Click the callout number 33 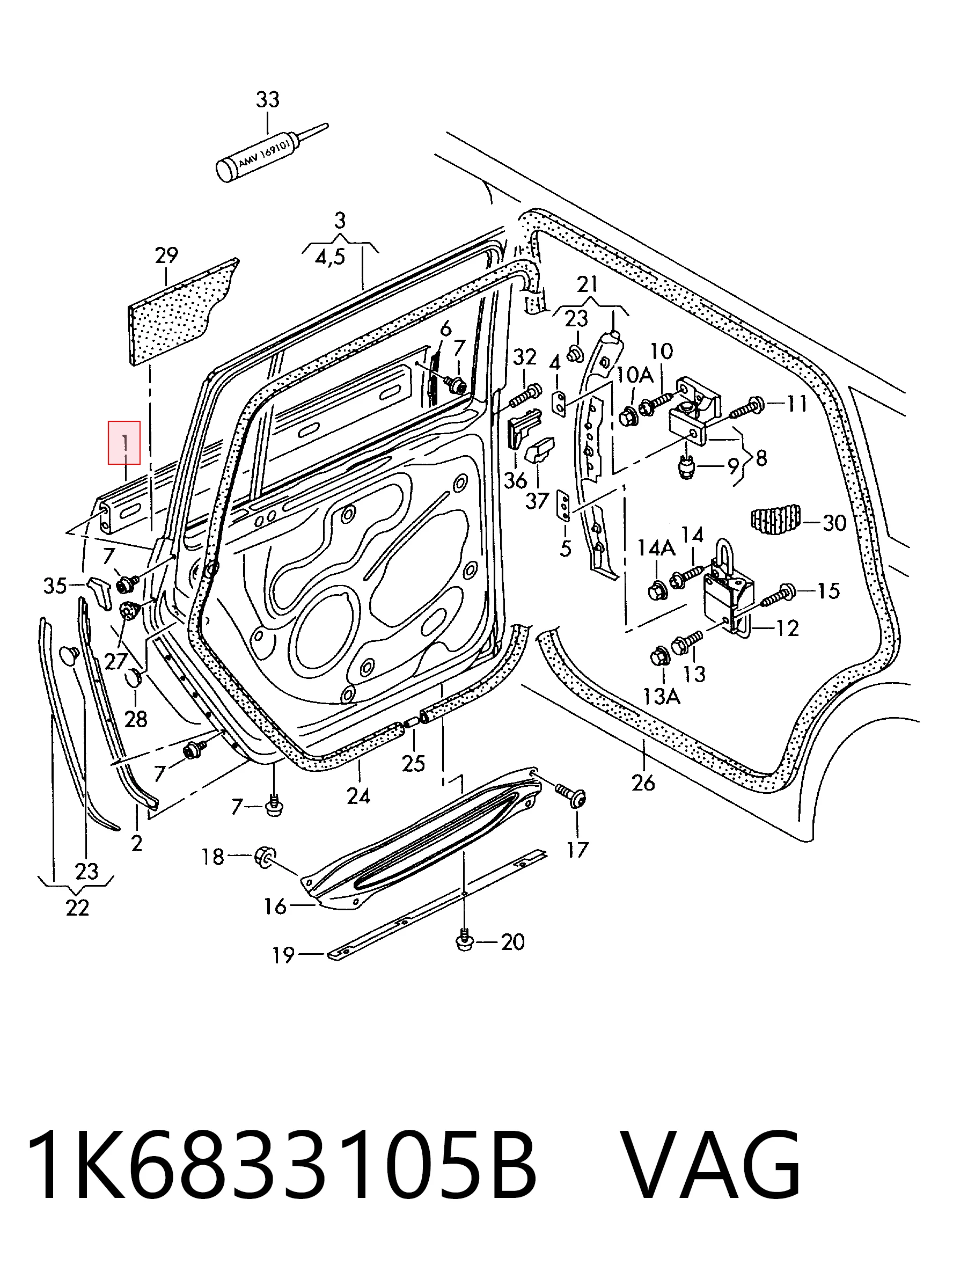click(267, 99)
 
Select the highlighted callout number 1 click(124, 443)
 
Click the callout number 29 click(166, 255)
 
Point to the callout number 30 click(834, 523)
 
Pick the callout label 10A click(635, 376)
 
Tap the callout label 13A click(661, 697)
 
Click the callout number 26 click(643, 782)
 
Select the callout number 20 click(512, 942)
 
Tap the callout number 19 click(283, 955)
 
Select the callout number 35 click(55, 586)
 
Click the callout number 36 click(515, 480)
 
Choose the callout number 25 click(413, 763)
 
